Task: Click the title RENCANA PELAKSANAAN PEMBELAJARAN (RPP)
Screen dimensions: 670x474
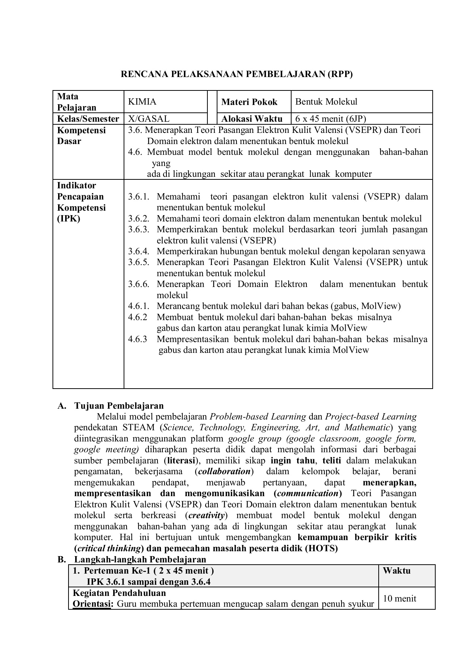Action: pos(236,74)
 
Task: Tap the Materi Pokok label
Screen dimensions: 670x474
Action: pos(249,102)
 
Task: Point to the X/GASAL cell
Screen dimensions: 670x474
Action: pos(149,119)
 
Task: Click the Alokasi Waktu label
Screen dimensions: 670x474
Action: pos(252,119)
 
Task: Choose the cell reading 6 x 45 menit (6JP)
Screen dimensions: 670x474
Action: pos(330,119)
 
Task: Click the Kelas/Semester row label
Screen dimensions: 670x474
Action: pos(88,119)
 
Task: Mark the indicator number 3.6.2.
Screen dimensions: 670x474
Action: pos(139,218)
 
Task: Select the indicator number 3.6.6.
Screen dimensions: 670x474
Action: pos(139,284)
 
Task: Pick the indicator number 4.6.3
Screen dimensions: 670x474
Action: pos(137,339)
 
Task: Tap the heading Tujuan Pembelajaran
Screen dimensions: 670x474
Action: pos(119,405)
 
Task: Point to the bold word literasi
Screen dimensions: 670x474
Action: pos(181,460)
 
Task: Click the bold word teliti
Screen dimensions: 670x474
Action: pos(331,460)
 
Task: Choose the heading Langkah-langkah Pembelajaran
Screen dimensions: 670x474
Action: pos(140,559)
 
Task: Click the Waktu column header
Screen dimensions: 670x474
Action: pos(397,571)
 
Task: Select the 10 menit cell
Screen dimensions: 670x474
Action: pos(400,598)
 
